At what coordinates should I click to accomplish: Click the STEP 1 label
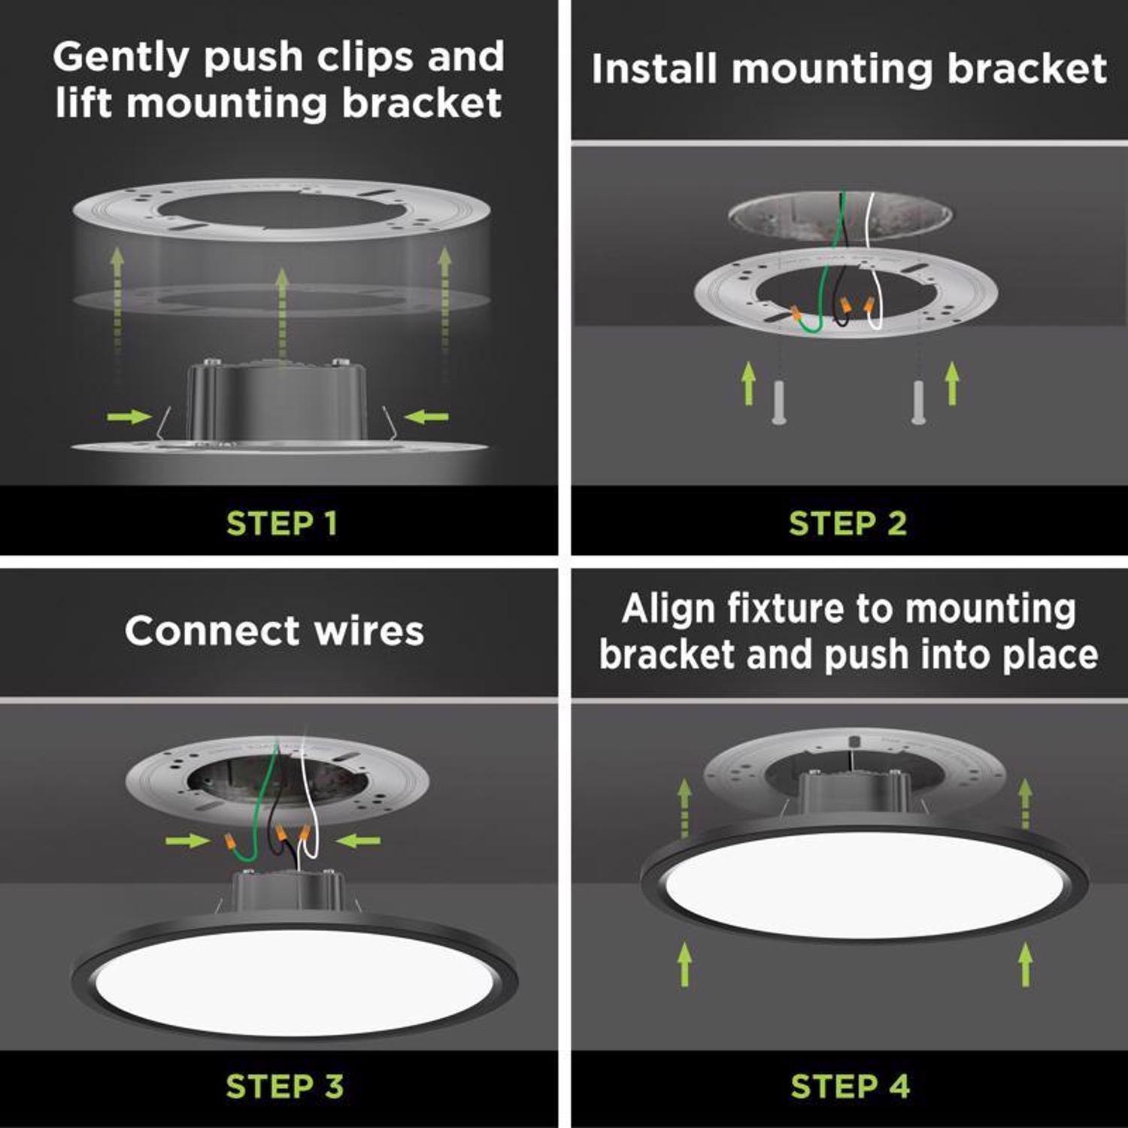click(x=281, y=523)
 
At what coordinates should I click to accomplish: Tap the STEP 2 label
click(x=848, y=523)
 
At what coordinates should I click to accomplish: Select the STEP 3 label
click(x=284, y=1086)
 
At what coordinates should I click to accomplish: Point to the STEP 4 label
click(x=850, y=1086)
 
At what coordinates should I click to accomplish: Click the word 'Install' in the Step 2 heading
click(x=653, y=69)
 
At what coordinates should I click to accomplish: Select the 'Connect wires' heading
click(x=274, y=630)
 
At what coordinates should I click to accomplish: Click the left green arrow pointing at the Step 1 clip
click(x=129, y=417)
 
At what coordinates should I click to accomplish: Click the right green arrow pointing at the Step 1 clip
click(x=426, y=417)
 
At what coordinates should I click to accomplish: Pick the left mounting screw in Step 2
click(x=778, y=402)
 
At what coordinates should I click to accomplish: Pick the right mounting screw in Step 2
click(x=918, y=402)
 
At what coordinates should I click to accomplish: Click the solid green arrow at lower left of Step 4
click(x=684, y=965)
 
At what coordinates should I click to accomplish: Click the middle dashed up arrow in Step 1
click(x=282, y=308)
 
